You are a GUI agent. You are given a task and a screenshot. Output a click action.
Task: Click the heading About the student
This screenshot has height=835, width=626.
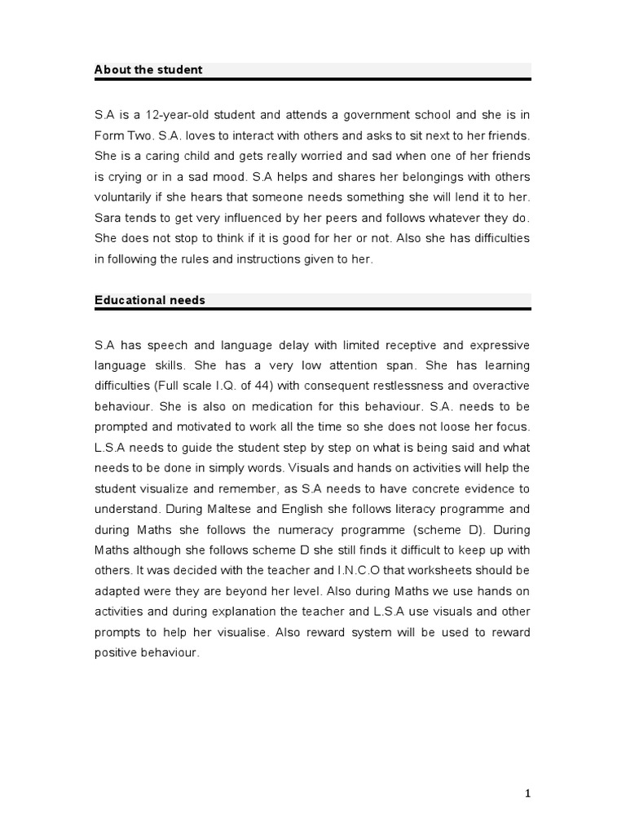click(148, 70)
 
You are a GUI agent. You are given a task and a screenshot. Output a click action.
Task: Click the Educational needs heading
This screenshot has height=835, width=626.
click(150, 300)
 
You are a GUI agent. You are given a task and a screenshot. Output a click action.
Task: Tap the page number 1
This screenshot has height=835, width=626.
click(527, 793)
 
